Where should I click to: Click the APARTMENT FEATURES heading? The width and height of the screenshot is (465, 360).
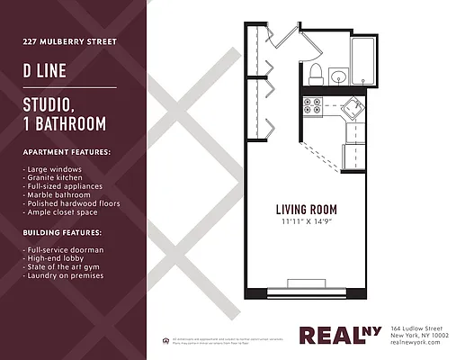(x=67, y=152)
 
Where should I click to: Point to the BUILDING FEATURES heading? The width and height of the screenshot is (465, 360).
(x=62, y=232)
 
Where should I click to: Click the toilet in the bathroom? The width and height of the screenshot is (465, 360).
(x=316, y=72)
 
